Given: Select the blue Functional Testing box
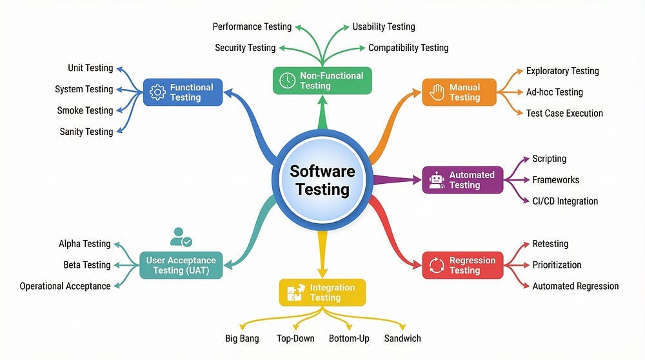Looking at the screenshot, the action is tap(183, 92).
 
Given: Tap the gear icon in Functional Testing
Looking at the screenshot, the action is tap(157, 92).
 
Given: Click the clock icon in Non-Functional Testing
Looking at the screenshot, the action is tap(287, 81).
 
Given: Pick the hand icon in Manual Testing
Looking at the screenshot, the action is tap(436, 92).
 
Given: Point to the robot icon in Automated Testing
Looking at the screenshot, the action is tap(437, 180).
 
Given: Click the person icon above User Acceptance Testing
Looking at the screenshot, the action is tap(181, 237).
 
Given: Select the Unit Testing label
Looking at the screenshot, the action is tap(90, 68).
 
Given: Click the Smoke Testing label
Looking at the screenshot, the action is tap(84, 110).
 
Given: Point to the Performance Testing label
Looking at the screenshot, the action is tap(252, 26).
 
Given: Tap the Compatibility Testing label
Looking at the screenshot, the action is tap(408, 48).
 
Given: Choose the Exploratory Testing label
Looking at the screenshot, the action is tap(562, 71).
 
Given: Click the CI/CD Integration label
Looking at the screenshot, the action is tap(565, 201).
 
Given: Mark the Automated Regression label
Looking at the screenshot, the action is tap(575, 286).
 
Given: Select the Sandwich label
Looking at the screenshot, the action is tap(402, 338).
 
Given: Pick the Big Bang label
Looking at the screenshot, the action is tap(242, 338).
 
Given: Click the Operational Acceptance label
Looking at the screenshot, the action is tap(65, 286).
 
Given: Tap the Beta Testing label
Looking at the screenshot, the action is tap(87, 265).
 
